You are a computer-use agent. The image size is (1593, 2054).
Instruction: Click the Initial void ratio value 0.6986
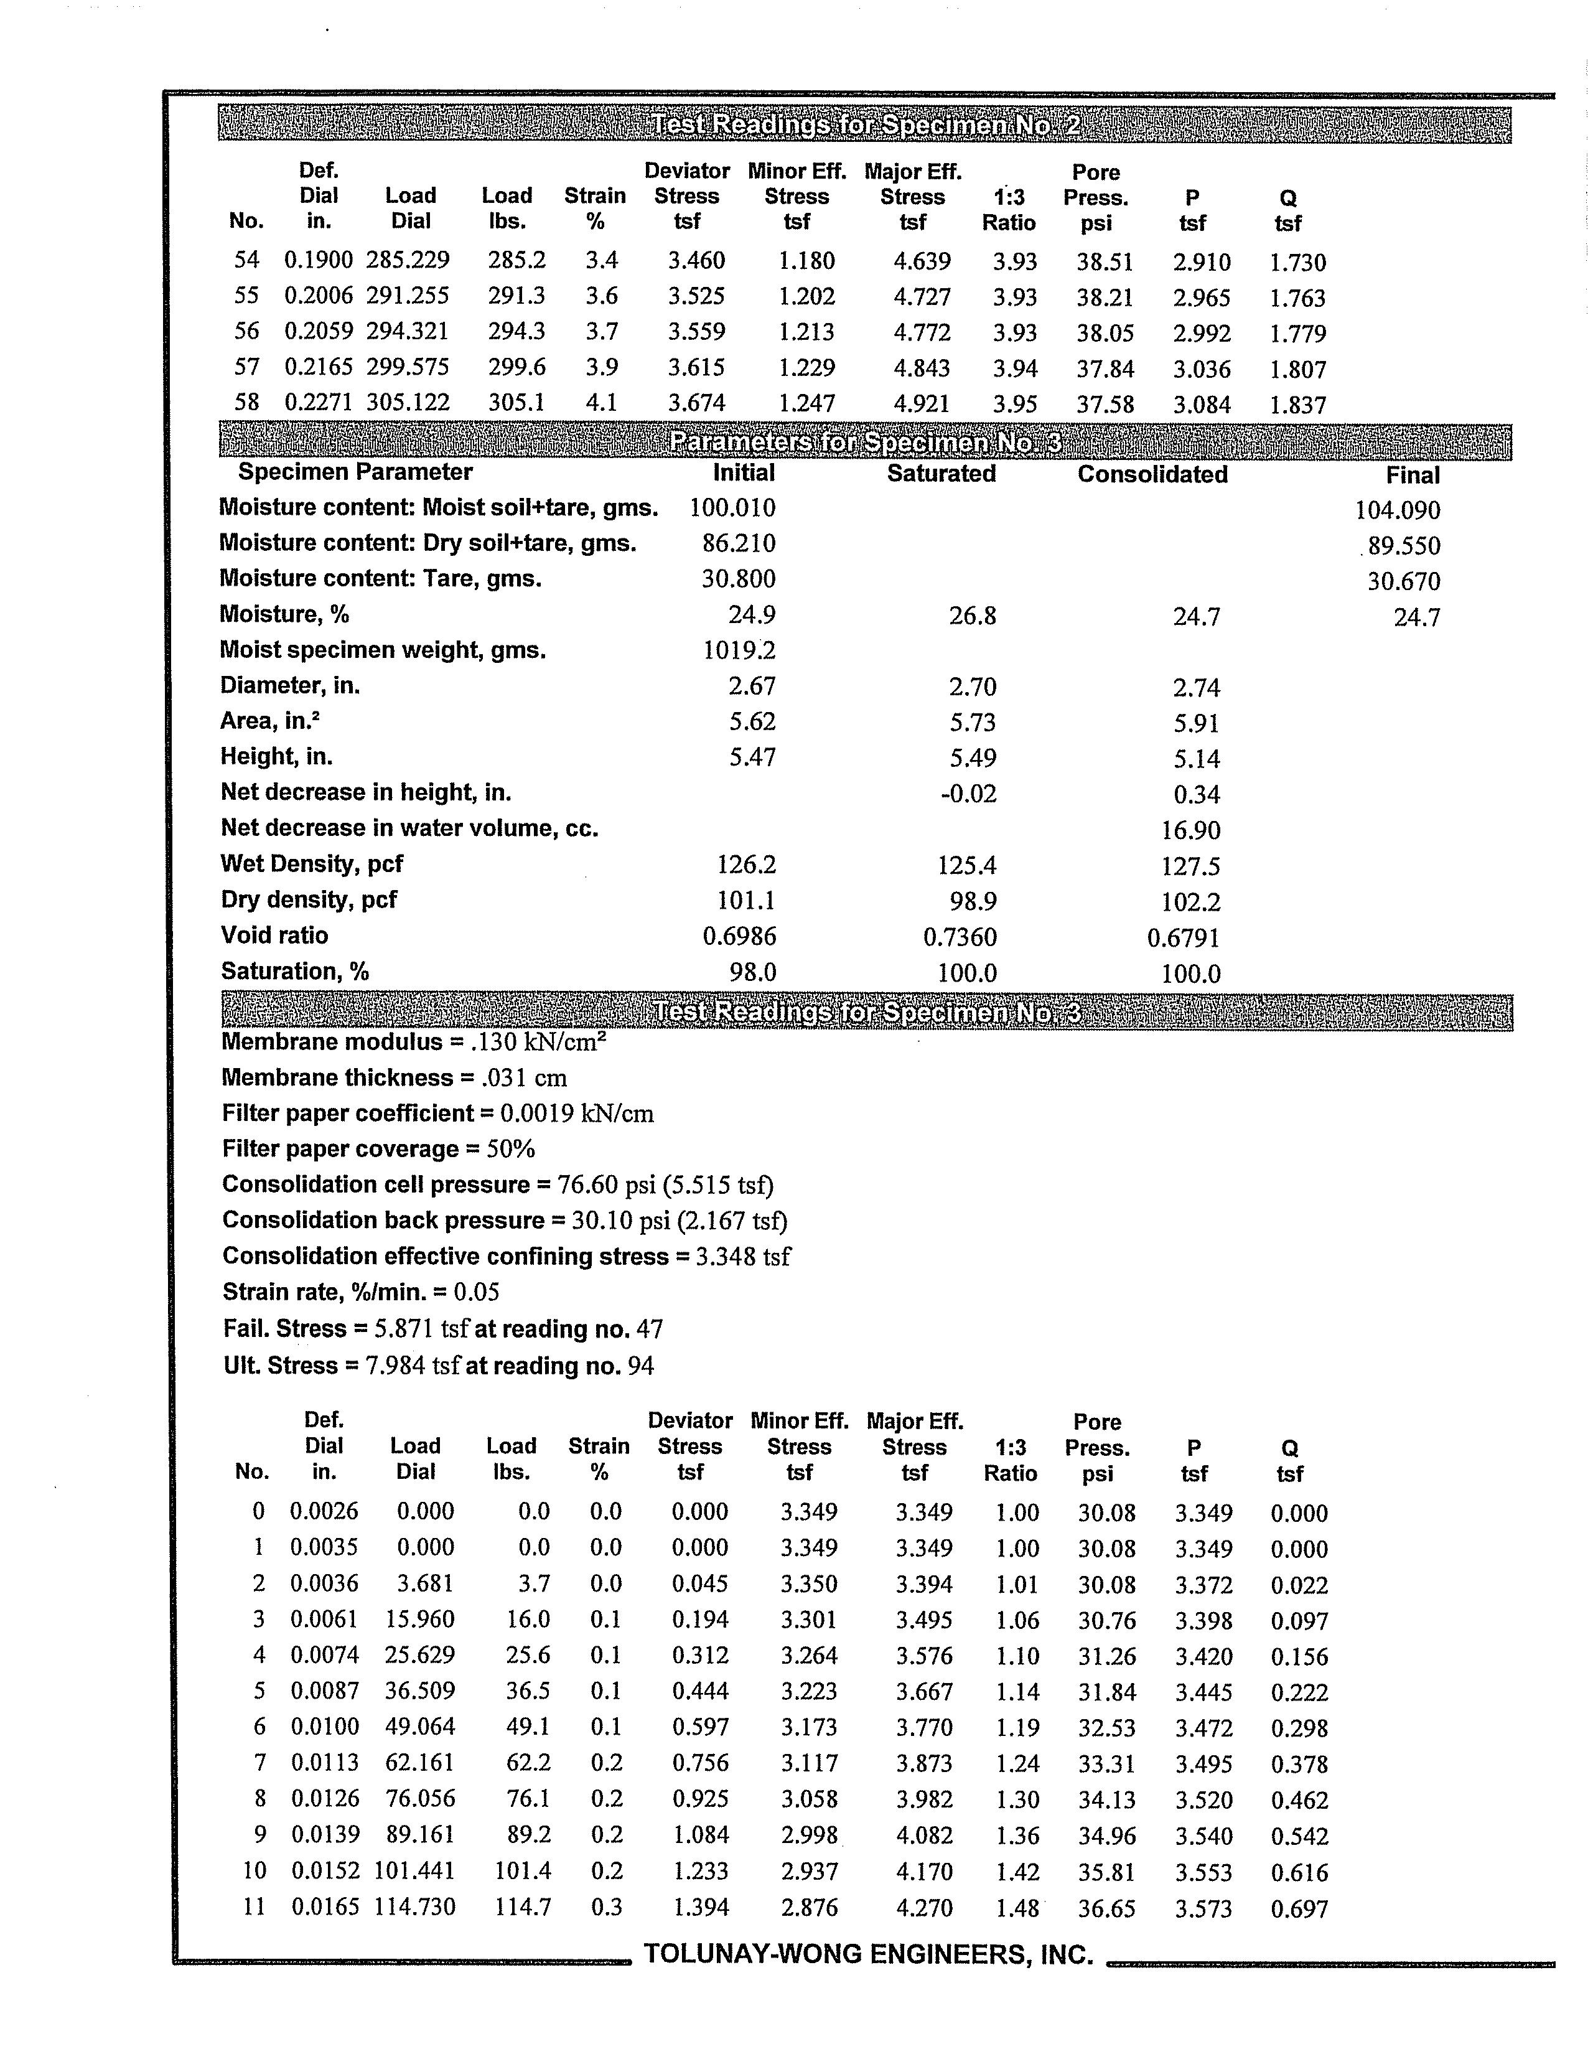click(x=739, y=937)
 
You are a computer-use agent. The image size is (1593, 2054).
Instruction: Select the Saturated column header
click(x=940, y=474)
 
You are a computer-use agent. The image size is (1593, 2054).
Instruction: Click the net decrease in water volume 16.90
click(x=1190, y=830)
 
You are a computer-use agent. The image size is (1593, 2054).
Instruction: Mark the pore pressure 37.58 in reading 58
click(x=1105, y=405)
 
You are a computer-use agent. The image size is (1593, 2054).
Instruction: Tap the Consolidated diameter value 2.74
click(x=1195, y=688)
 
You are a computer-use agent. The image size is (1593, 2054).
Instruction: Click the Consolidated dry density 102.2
click(x=1190, y=902)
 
